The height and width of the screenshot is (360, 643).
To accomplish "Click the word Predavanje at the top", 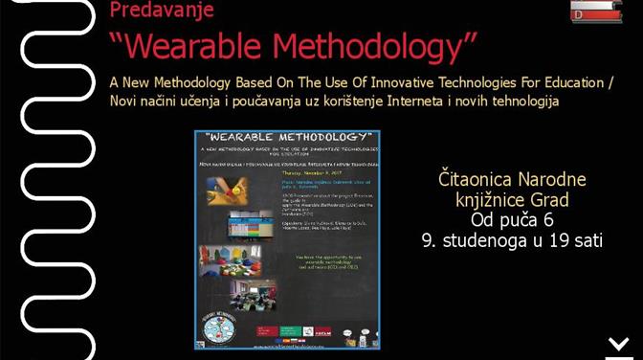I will coord(162,11).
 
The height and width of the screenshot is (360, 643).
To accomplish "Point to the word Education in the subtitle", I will coord(577,82).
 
